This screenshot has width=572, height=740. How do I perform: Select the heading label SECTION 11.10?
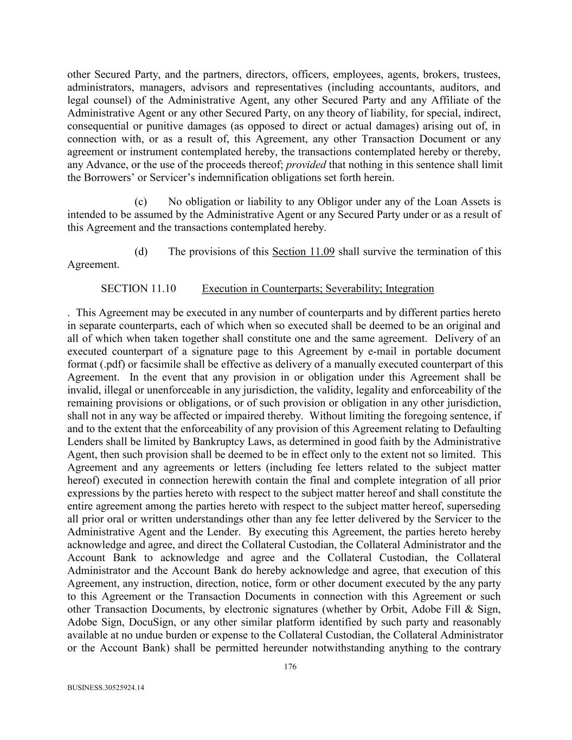point(138,288)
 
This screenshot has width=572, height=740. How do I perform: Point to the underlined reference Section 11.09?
point(303,252)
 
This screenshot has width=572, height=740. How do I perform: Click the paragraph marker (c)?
point(141,202)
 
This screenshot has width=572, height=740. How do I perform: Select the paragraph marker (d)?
point(141,252)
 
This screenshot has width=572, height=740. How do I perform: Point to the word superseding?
point(474,506)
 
